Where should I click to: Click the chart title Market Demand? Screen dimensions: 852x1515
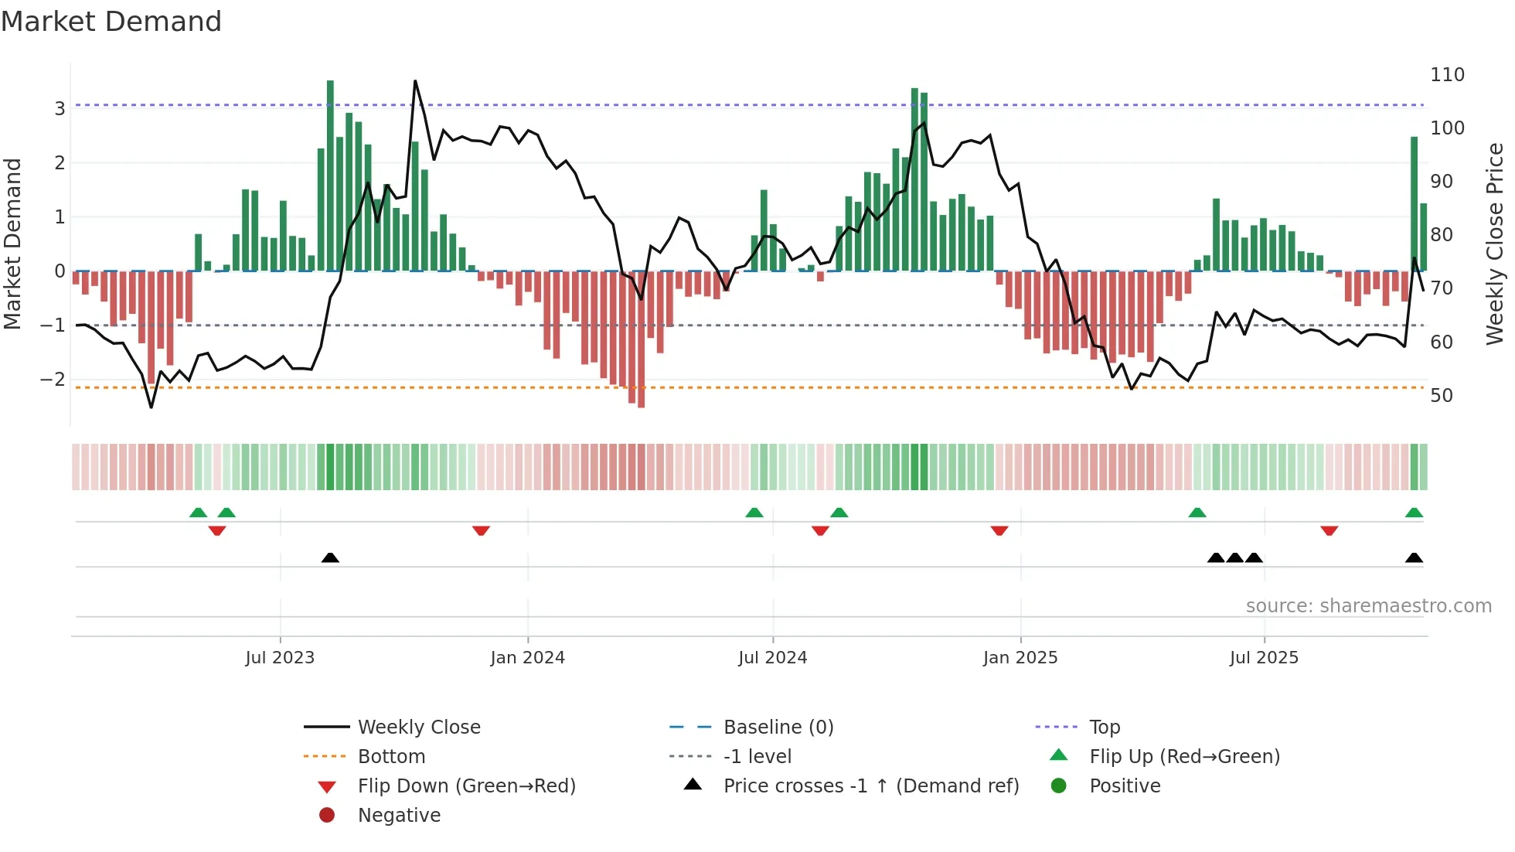tap(111, 22)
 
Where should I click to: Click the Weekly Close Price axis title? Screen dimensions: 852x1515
tap(1495, 244)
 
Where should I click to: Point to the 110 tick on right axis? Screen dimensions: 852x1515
tap(1447, 75)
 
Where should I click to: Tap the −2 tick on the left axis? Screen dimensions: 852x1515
tap(53, 380)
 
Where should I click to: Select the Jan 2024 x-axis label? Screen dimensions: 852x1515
tap(527, 658)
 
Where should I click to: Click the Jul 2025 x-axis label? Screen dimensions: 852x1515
tap(1264, 658)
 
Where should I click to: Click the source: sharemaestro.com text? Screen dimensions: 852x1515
tap(1368, 606)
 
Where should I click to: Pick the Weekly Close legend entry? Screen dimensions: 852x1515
tap(418, 728)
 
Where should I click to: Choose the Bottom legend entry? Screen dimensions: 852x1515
tap(391, 757)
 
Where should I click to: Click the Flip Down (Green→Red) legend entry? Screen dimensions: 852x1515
tap(466, 786)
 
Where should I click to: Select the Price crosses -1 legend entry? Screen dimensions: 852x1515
tap(870, 786)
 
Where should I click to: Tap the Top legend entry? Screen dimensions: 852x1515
tap(1105, 728)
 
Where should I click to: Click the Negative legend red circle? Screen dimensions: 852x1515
tap(327, 816)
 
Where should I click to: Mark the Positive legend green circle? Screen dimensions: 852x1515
tap(1059, 786)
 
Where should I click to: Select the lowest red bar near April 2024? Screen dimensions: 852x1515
tap(641, 340)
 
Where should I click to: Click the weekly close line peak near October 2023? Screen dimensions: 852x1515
tap(415, 81)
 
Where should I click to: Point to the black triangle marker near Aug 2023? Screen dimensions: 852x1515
tap(330, 557)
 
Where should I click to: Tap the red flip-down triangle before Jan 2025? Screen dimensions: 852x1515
tap(999, 531)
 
